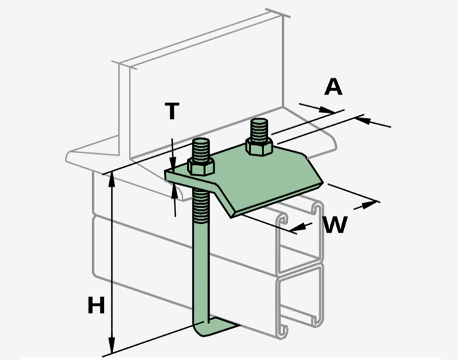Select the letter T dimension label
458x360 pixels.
pyautogui.click(x=171, y=111)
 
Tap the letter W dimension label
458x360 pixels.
pyautogui.click(x=334, y=225)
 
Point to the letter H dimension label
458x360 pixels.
pyautogui.click(x=96, y=305)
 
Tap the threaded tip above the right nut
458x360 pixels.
pyautogui.click(x=258, y=128)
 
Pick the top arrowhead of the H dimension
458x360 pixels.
pyautogui.click(x=113, y=178)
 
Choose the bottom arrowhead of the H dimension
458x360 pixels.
pyautogui.click(x=113, y=348)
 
